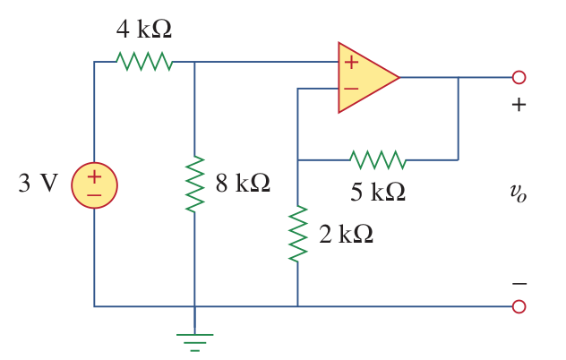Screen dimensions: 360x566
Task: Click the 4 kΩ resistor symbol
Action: (x=143, y=61)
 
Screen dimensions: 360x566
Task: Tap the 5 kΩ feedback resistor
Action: (x=377, y=160)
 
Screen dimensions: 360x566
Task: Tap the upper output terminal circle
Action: (x=519, y=77)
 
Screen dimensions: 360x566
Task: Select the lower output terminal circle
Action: (x=519, y=306)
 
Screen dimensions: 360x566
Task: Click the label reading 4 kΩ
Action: (x=143, y=29)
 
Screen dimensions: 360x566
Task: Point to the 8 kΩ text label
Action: (x=242, y=184)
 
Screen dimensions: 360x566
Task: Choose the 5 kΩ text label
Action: (x=377, y=192)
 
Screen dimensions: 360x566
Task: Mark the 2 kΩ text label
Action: (x=346, y=234)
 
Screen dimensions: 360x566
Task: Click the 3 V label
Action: (x=38, y=184)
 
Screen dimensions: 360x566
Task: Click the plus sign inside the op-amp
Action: (x=351, y=63)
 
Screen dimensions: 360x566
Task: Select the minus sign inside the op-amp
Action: (x=351, y=89)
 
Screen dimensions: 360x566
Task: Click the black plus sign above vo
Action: (x=519, y=105)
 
